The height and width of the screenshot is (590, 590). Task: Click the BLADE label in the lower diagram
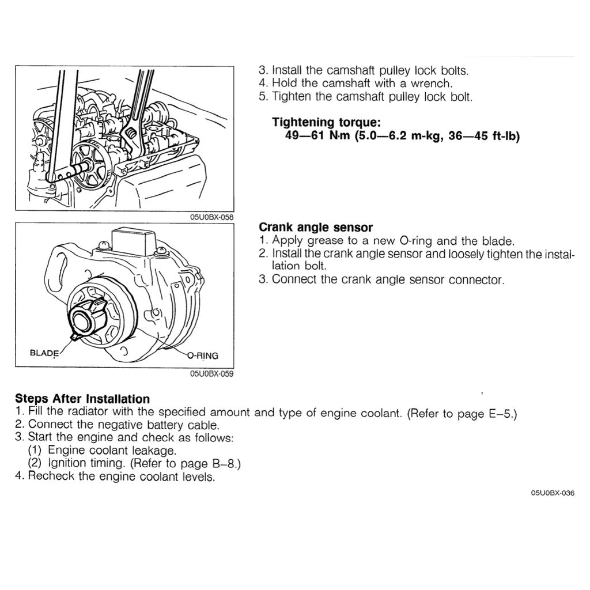click(x=44, y=352)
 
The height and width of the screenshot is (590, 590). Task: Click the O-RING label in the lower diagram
click(x=203, y=355)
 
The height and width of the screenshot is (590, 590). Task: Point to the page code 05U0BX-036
click(x=553, y=493)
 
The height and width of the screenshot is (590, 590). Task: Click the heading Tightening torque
click(x=319, y=122)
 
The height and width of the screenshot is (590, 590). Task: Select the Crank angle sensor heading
click(x=316, y=227)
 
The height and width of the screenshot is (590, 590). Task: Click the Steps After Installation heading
click(x=82, y=399)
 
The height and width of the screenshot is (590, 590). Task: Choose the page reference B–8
click(x=220, y=463)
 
